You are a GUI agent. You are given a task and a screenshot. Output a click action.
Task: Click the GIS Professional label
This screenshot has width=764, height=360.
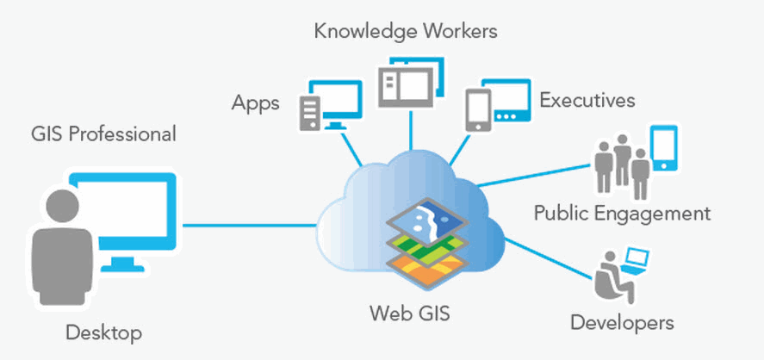click(103, 134)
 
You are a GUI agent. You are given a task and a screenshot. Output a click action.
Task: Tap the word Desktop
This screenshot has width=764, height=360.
click(104, 332)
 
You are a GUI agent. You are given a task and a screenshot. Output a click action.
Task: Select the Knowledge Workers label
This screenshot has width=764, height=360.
click(406, 33)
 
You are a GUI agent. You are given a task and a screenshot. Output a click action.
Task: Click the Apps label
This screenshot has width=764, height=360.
click(256, 103)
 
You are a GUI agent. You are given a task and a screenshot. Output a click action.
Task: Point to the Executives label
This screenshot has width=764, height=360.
click(587, 100)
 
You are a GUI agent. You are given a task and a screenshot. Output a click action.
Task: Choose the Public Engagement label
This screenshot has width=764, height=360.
click(622, 213)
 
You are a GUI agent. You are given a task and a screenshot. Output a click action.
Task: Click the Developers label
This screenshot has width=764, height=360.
click(622, 323)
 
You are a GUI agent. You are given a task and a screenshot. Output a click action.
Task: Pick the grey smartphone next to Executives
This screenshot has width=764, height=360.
click(477, 109)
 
